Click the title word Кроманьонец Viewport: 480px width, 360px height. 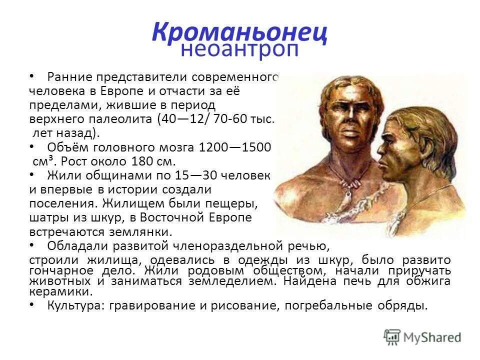pos(240,32)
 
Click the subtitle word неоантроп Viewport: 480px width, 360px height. pos(240,49)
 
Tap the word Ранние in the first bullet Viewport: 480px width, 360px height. pos(69,77)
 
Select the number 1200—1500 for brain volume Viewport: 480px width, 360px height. pos(235,147)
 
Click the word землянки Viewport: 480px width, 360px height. pos(142,232)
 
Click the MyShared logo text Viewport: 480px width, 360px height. pos(432,337)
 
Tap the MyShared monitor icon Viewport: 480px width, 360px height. pos(392,337)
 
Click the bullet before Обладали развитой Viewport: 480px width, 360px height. pos(32,245)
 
